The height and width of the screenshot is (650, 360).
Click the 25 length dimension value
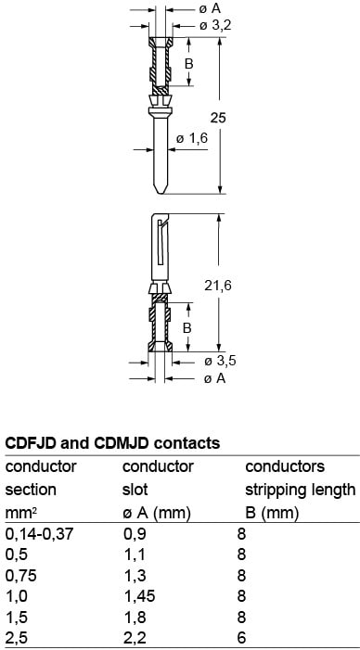[218, 118]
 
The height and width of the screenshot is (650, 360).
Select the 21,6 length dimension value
[218, 286]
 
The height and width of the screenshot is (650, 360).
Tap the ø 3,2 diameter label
[215, 26]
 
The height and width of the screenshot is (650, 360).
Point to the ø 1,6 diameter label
[192, 138]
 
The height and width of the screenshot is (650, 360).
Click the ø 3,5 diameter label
[220, 361]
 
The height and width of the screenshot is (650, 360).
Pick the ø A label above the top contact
[210, 8]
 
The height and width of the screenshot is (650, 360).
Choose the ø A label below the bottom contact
[215, 378]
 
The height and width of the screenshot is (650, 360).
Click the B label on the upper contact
[189, 64]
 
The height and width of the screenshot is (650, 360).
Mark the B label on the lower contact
[187, 328]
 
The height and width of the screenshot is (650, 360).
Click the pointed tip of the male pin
[161, 194]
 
